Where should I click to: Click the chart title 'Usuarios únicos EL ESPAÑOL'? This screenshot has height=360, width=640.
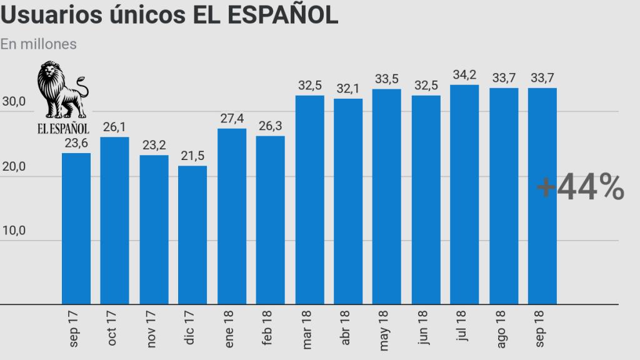coord(169,16)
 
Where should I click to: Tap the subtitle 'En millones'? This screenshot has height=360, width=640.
coord(39,44)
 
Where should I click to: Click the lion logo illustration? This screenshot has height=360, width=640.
coord(62,91)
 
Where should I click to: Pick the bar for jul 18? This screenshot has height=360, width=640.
coord(464,195)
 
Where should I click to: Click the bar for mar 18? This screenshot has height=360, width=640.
coord(309,200)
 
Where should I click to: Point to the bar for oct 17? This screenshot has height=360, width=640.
coord(114,221)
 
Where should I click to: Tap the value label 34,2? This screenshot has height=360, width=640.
coord(464,75)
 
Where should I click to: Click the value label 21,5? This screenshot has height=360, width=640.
coord(192,156)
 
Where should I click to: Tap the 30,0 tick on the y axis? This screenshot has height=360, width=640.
coord(13,112)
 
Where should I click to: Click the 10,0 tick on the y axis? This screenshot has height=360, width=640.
coord(13,231)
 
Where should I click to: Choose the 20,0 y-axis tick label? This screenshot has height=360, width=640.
coord(13,167)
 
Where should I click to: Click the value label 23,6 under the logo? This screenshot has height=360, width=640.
coord(76,143)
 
